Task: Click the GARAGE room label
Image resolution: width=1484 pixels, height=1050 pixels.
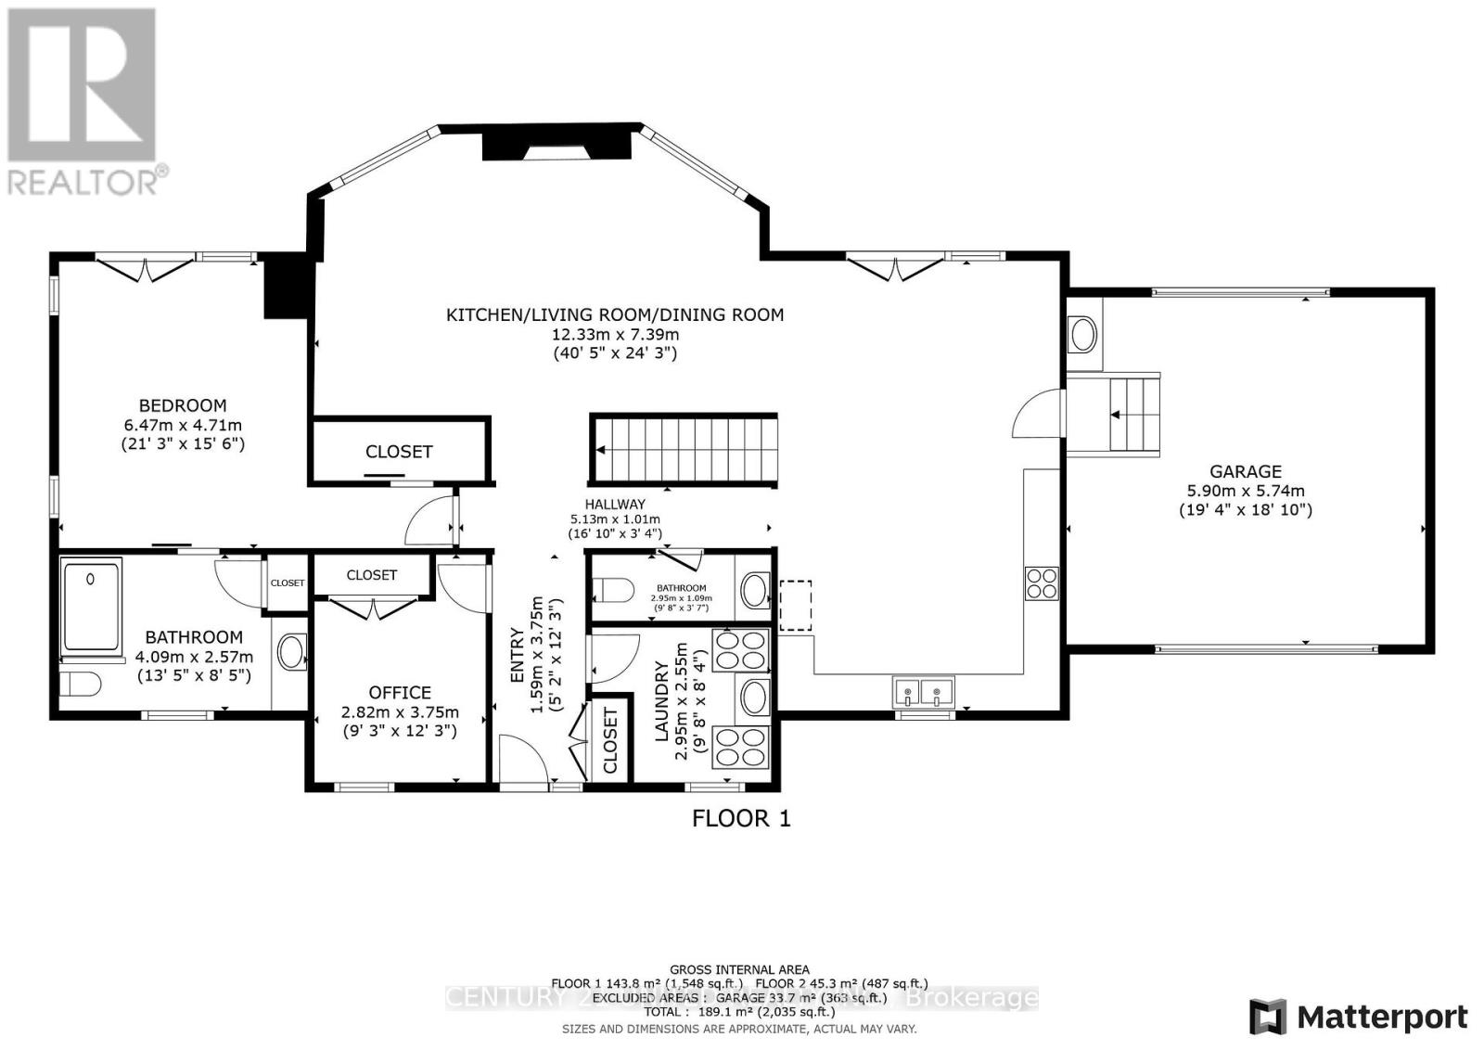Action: click(x=1245, y=471)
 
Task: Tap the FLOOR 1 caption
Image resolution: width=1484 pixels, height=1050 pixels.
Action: click(x=741, y=818)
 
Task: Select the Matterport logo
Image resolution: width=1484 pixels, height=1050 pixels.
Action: click(x=1358, y=1017)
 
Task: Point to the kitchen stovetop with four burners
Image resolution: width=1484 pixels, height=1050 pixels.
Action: click(x=1042, y=582)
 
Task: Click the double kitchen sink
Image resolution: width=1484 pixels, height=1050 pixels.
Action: click(x=924, y=692)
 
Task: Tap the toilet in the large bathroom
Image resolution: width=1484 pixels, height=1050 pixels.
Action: click(x=79, y=685)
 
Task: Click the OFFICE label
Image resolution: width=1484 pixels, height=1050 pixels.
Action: click(x=400, y=692)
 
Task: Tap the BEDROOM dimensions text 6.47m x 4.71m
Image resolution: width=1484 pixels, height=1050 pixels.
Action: click(x=183, y=425)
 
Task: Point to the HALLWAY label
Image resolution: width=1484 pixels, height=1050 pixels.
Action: click(x=615, y=505)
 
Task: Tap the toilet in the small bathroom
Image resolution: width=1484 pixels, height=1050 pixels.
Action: click(x=612, y=589)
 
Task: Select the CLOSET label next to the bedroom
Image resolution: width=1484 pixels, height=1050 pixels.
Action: click(x=399, y=452)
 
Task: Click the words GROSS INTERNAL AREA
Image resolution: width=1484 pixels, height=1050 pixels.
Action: click(x=739, y=969)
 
